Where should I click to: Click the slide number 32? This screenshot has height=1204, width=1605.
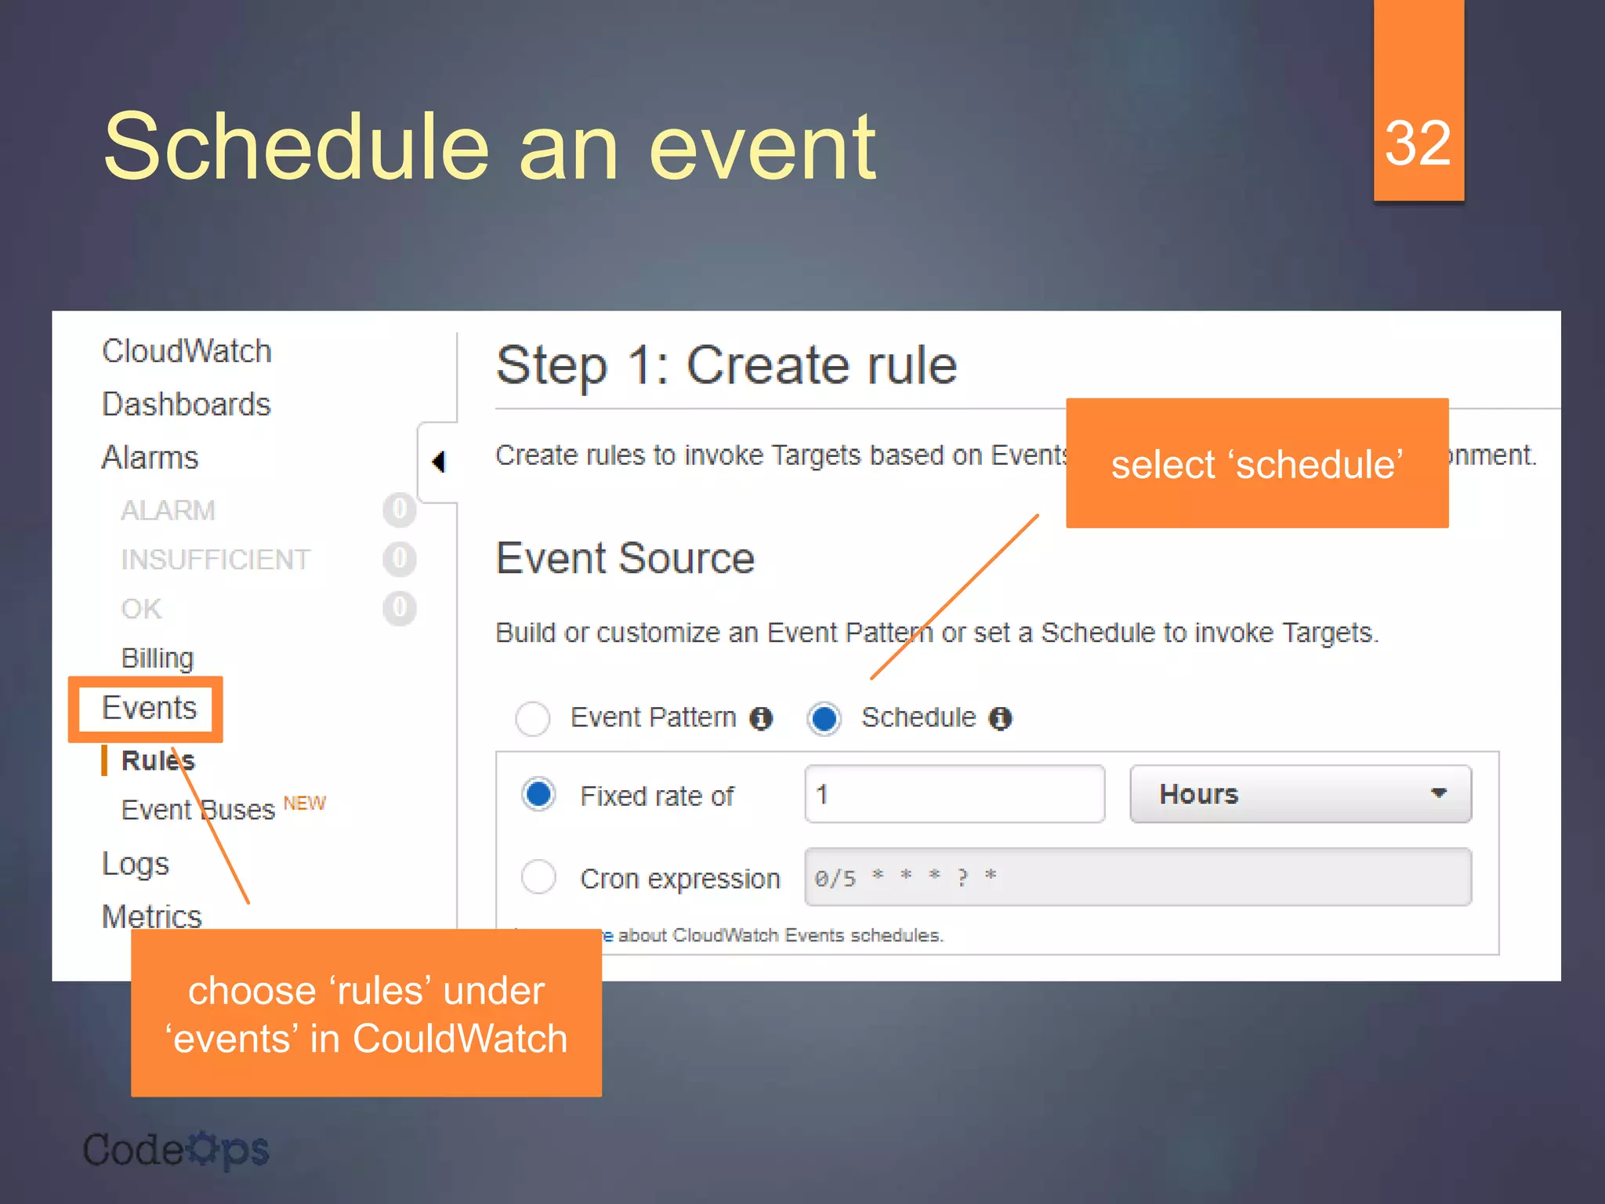click(x=1418, y=143)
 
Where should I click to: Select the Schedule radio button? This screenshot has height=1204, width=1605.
click(x=824, y=718)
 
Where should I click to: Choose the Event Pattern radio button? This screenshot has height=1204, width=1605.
click(x=533, y=718)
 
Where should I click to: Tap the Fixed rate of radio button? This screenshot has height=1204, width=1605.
click(x=539, y=794)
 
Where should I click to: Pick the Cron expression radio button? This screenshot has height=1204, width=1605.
click(x=539, y=876)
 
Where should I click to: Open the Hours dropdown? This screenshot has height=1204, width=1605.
click(x=1299, y=794)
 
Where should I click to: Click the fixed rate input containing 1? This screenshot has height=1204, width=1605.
click(x=954, y=794)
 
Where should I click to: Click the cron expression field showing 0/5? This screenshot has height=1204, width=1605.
click(x=1137, y=877)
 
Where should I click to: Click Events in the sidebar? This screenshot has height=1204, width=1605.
click(x=149, y=708)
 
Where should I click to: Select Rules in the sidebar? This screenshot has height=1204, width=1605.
click(x=158, y=760)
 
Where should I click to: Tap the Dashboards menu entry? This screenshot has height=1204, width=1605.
click(x=186, y=404)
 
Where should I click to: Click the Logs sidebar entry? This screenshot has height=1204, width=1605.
click(x=135, y=864)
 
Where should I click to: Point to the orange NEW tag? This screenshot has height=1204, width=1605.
click(x=304, y=803)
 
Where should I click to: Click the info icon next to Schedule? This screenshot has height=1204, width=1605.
click(x=1000, y=718)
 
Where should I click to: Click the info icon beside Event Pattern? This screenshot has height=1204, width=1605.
click(x=761, y=718)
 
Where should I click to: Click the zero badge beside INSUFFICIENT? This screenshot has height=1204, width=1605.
click(x=399, y=559)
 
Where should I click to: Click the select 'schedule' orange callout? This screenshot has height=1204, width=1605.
click(x=1256, y=463)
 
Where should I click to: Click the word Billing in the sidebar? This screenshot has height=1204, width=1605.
click(x=157, y=658)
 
